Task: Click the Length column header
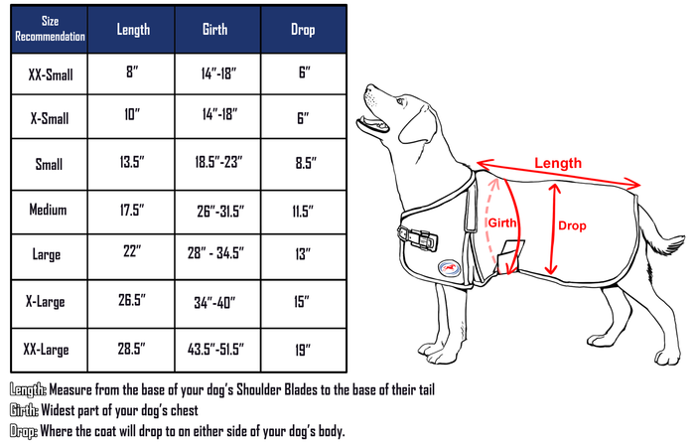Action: pos(132,30)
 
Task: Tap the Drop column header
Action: pos(303,30)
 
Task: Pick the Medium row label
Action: pos(47,210)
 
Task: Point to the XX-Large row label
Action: pos(47,349)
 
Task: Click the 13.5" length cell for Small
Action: pos(132,164)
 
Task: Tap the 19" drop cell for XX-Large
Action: pos(303,349)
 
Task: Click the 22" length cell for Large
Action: pos(132,255)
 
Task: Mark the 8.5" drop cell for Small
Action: pos(303,164)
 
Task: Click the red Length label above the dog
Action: pos(558,163)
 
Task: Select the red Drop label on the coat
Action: pos(572,226)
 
